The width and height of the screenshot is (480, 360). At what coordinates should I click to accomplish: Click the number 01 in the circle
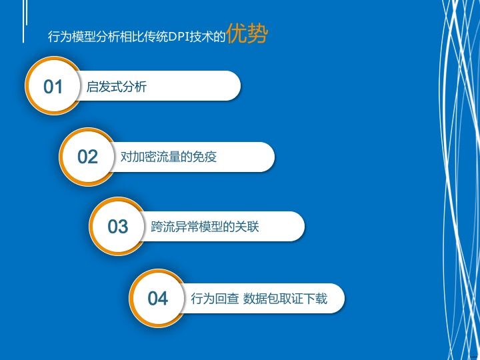(53, 87)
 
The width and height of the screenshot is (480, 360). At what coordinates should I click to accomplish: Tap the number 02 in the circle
(88, 157)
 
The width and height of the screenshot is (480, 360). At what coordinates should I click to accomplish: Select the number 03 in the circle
(118, 227)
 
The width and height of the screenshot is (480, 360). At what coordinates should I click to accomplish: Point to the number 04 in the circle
(158, 299)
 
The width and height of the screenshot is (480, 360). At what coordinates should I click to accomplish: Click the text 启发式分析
(117, 87)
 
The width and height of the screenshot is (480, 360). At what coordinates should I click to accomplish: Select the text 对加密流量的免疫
(169, 157)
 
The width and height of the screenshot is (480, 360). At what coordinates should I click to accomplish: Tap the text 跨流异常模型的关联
(205, 227)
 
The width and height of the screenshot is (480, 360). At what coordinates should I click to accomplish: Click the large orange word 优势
(247, 35)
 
